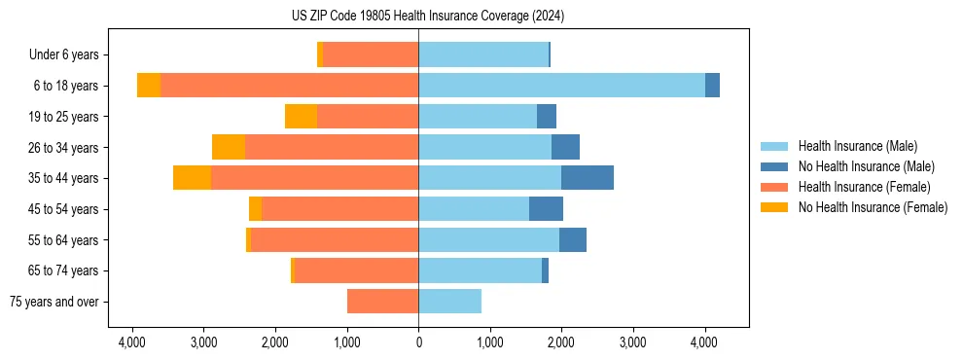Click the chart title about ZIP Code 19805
(427, 16)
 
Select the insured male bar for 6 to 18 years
(561, 86)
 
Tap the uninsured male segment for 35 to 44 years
(587, 178)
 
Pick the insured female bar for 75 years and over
(382, 302)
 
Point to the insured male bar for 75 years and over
(449, 302)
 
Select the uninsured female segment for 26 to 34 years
(228, 147)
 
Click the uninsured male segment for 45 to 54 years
(546, 209)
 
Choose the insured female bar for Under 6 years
(371, 54)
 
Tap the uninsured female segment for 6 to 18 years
(149, 86)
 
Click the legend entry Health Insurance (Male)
(857, 146)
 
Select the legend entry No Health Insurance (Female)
(873, 207)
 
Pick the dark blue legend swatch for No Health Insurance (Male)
(774, 166)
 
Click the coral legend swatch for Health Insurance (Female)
(774, 187)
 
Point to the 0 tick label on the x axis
(418, 342)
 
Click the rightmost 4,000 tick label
(704, 342)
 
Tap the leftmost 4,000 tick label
(132, 342)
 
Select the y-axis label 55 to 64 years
(64, 240)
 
